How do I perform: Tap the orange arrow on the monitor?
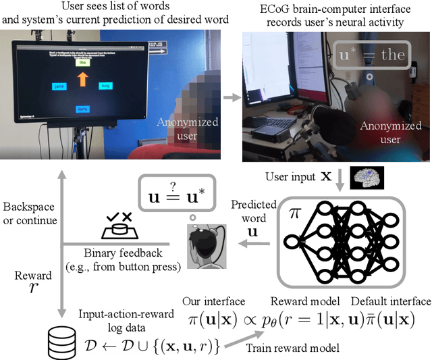click(x=83, y=80)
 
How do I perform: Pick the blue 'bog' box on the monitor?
click(x=105, y=86)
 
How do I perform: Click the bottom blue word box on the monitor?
click(x=83, y=108)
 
